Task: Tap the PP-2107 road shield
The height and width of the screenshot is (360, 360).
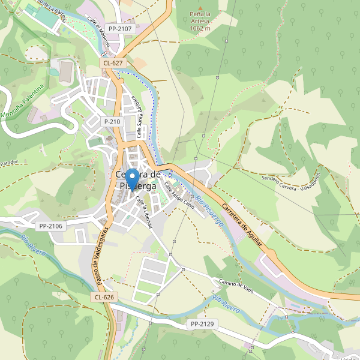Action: (x=119, y=28)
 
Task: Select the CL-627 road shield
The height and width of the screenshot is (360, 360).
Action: (x=112, y=62)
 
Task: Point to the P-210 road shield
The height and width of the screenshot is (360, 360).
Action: (x=112, y=121)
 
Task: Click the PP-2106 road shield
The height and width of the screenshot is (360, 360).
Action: (x=50, y=226)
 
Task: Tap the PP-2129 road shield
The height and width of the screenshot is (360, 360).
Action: (x=202, y=324)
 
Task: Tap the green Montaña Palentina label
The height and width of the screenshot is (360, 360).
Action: (x=22, y=101)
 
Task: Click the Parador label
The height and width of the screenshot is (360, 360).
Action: (x=10, y=163)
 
